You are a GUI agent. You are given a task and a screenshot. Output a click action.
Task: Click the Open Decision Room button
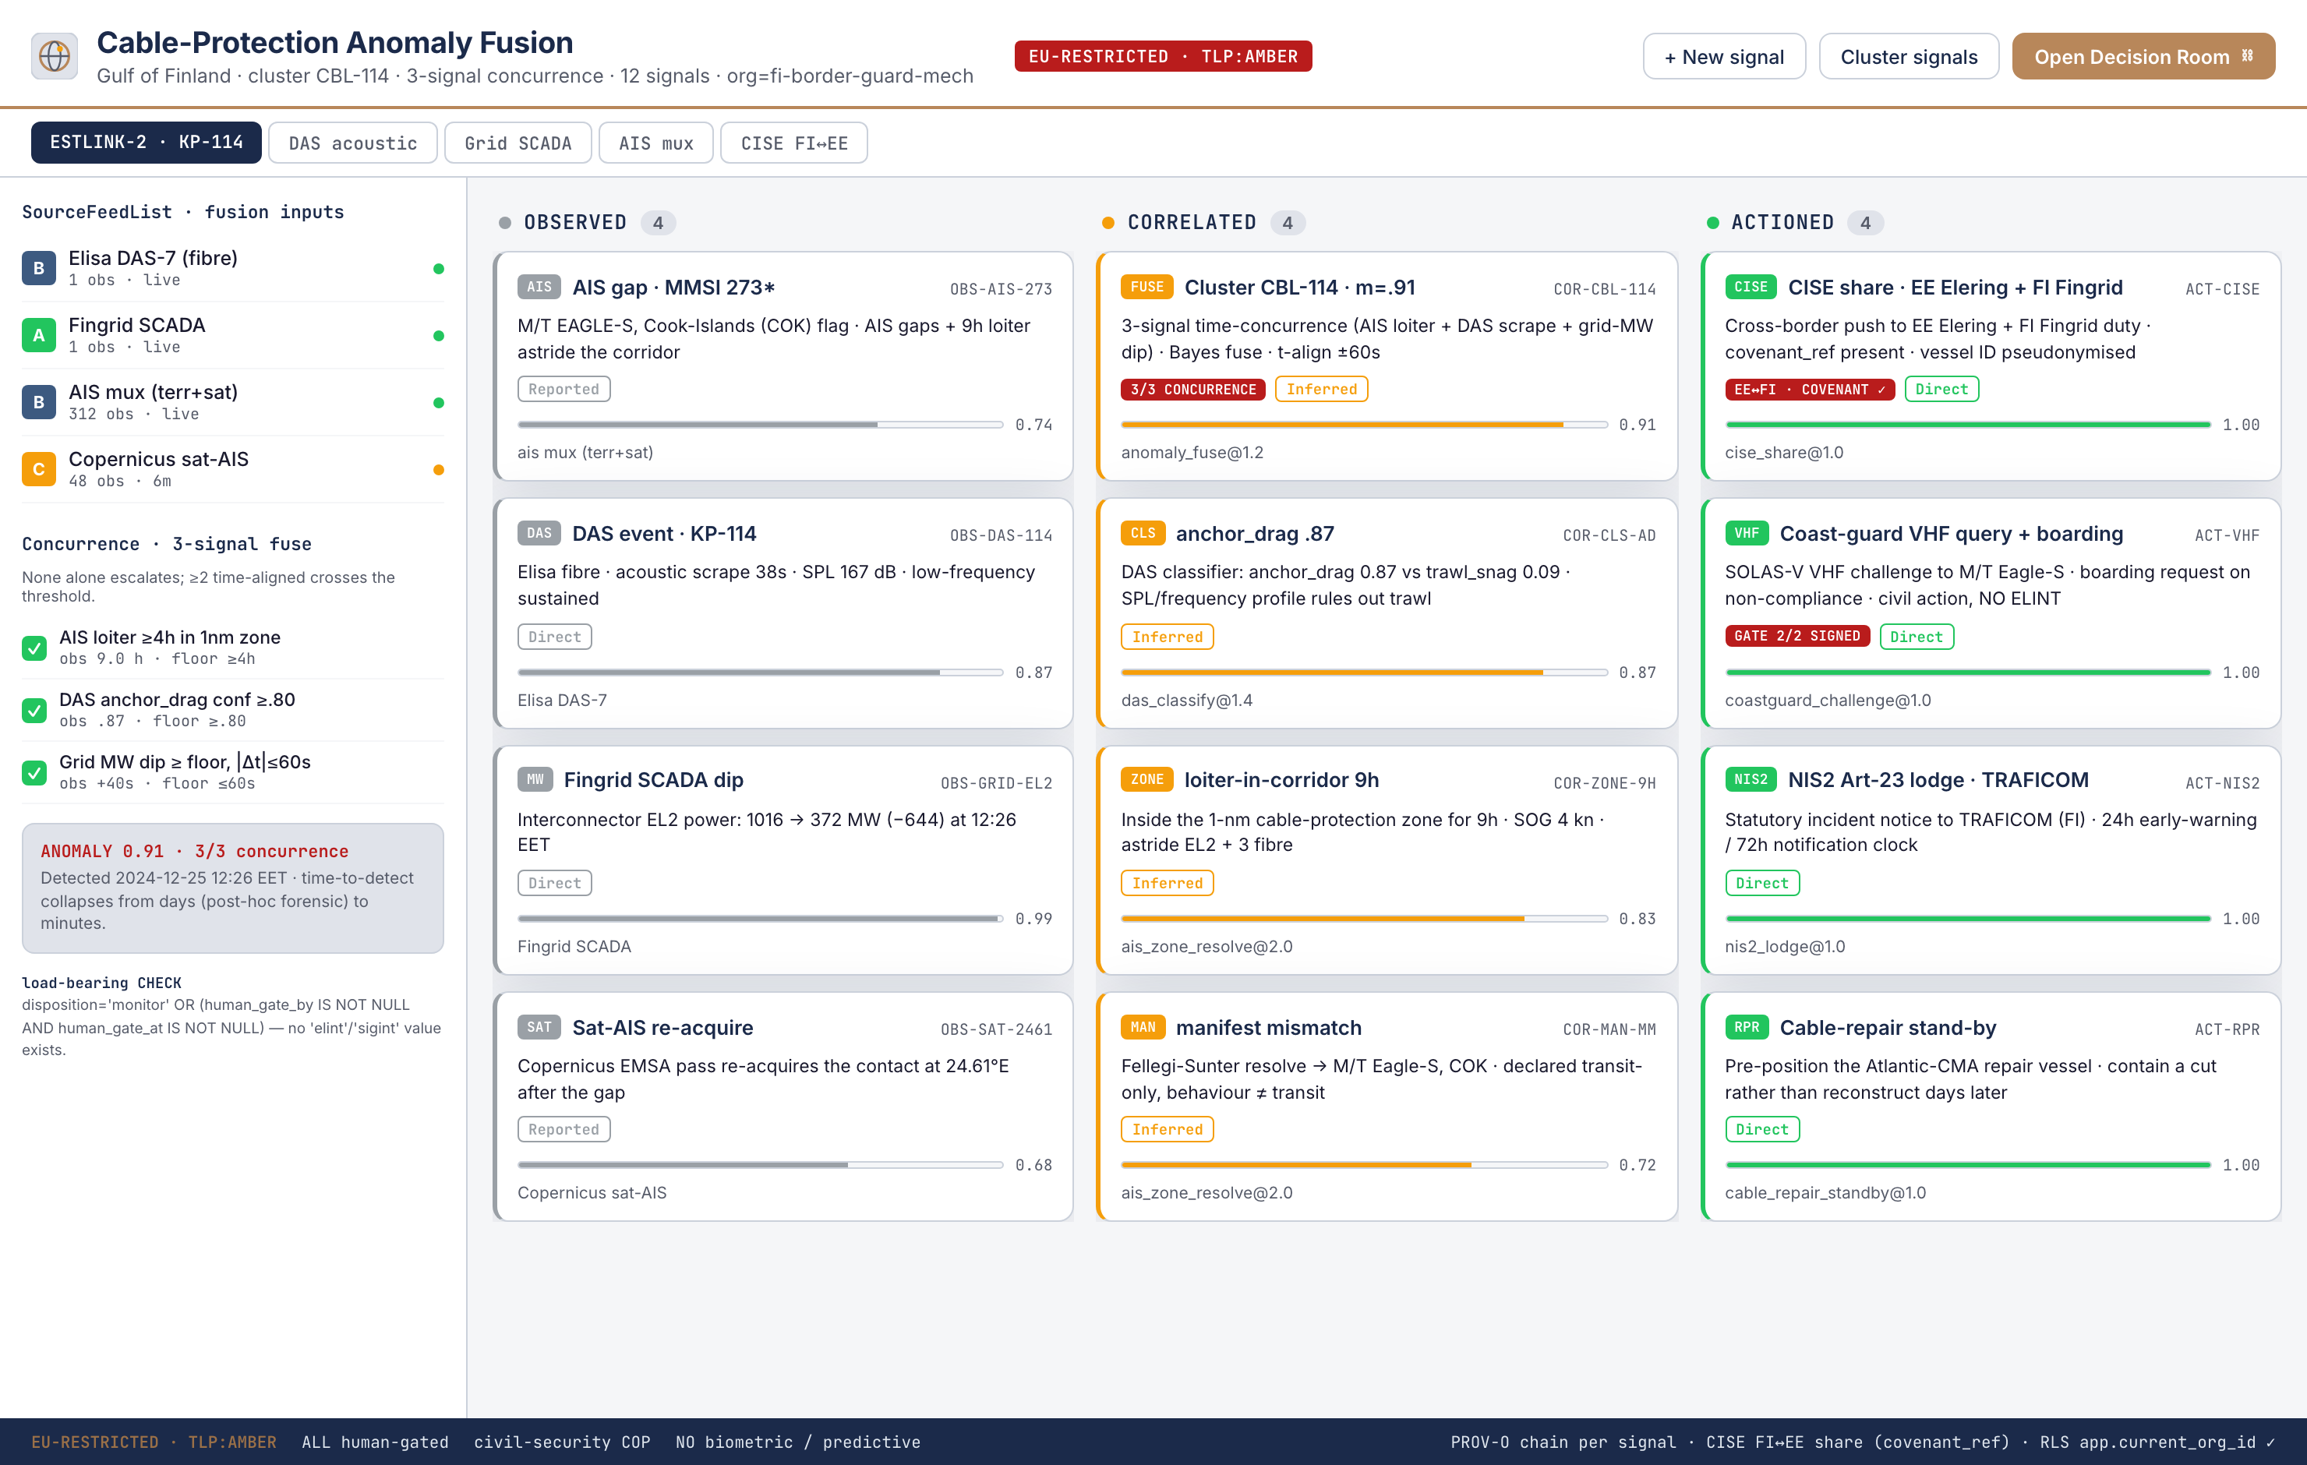click(2143, 57)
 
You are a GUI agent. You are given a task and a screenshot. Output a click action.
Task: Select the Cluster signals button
click(1909, 57)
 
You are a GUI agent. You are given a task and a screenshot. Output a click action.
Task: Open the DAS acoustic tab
click(352, 143)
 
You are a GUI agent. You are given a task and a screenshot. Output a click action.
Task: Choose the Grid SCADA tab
click(518, 143)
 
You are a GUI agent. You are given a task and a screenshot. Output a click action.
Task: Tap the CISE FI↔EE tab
click(793, 143)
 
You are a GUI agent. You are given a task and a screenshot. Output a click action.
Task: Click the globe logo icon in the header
click(55, 55)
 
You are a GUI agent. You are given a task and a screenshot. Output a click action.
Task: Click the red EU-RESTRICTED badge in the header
click(1163, 55)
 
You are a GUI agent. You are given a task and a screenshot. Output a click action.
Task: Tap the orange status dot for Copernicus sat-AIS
click(439, 469)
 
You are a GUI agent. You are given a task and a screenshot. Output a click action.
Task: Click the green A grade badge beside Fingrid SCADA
click(39, 335)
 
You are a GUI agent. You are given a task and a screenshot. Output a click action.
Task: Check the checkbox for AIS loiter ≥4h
click(34, 648)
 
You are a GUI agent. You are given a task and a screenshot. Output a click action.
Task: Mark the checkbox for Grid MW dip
click(34, 772)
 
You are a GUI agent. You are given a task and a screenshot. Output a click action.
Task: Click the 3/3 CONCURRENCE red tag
click(1192, 389)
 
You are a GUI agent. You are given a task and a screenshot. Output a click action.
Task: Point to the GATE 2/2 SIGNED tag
click(1796, 636)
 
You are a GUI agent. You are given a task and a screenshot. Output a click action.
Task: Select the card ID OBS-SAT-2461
click(995, 1029)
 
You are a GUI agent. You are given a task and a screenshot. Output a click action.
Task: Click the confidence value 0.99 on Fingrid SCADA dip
click(1033, 919)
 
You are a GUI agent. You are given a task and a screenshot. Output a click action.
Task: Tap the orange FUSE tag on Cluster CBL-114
click(1146, 287)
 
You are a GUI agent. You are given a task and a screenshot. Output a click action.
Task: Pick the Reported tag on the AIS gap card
click(564, 389)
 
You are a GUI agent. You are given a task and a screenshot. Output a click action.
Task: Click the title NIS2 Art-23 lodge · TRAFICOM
click(1938, 780)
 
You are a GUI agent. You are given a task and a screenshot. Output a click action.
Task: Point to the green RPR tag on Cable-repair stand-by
click(1747, 1027)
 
